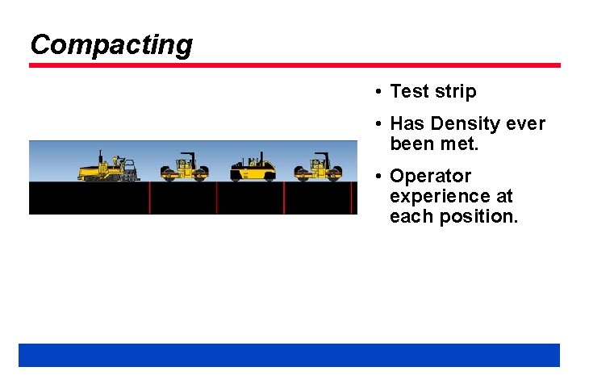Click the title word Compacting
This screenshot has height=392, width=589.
(x=111, y=44)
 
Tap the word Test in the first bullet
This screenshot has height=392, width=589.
(x=409, y=92)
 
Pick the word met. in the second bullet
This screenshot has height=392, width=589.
(x=458, y=144)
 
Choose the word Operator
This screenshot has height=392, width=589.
(x=430, y=177)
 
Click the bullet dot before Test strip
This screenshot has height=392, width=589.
(x=378, y=92)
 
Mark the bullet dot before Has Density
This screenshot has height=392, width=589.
(x=378, y=124)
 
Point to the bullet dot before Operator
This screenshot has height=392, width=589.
(x=378, y=177)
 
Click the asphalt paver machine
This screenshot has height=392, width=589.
(x=108, y=168)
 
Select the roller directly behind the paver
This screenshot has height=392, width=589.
(x=184, y=168)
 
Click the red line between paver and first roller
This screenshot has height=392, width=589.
(x=149, y=198)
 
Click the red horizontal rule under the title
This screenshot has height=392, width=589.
(x=294, y=65)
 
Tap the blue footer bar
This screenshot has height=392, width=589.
(x=289, y=355)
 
